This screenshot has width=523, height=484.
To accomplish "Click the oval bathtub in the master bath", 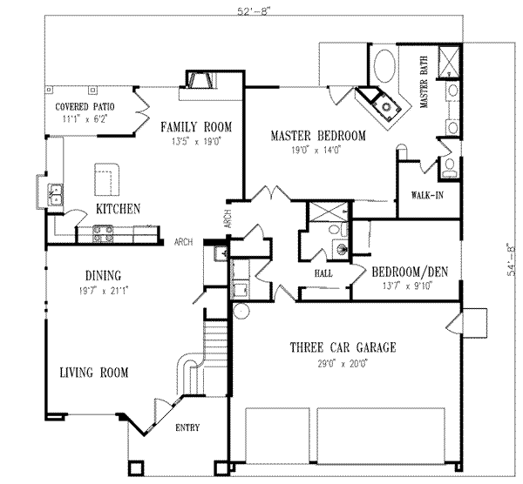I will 384,70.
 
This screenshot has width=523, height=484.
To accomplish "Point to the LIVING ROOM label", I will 93,373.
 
